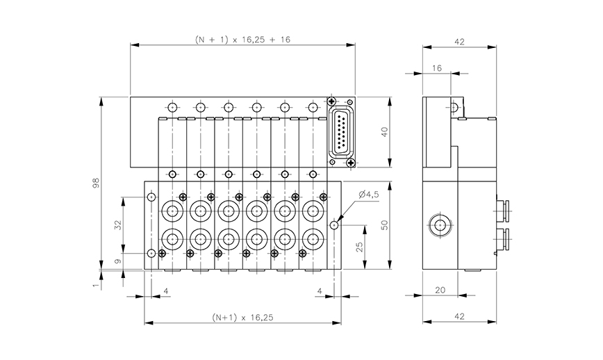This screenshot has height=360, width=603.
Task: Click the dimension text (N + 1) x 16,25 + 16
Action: coord(242,40)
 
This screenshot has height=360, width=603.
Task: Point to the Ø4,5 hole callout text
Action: coord(369,195)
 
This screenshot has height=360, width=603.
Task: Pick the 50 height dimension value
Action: coord(383,225)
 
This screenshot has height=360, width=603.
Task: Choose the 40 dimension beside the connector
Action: coord(383,133)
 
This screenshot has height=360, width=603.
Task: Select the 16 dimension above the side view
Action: coord(437,68)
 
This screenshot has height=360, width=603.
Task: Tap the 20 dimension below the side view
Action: coord(438,289)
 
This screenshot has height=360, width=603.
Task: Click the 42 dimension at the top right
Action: coord(459,42)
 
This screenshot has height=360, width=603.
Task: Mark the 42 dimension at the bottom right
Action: coord(459,317)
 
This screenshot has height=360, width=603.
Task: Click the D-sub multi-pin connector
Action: coord(340,132)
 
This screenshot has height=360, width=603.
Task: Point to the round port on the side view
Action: coord(439,225)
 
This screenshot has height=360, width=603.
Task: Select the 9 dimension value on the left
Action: coord(117,261)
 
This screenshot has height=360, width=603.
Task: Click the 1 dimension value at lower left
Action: coord(96,284)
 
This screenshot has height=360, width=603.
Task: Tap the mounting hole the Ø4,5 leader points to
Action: coord(334,225)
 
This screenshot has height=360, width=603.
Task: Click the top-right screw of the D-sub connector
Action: coord(350,101)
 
